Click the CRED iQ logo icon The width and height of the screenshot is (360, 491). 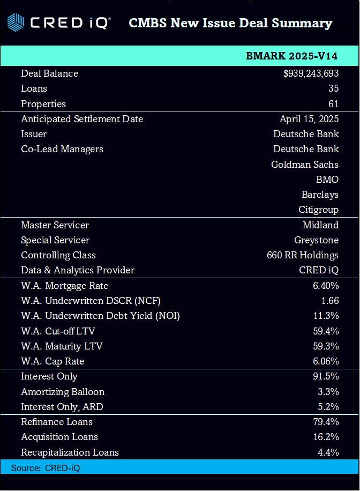[15, 23]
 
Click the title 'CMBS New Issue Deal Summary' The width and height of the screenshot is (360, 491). [230, 23]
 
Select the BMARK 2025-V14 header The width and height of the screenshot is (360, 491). [291, 56]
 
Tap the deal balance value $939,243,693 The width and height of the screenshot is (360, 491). [311, 73]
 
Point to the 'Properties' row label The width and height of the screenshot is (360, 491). [43, 104]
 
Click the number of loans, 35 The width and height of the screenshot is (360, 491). [333, 88]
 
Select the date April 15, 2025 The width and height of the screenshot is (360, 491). [309, 119]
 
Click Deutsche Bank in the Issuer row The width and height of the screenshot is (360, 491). [306, 134]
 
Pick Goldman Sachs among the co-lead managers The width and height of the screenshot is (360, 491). [305, 165]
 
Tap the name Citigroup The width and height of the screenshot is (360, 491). [318, 210]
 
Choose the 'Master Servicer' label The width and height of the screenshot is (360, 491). [55, 225]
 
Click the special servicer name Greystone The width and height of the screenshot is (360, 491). [316, 240]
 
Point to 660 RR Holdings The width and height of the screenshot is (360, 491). [303, 255]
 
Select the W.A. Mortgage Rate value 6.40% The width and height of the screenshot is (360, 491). [326, 286]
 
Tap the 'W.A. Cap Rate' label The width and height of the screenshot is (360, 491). [52, 361]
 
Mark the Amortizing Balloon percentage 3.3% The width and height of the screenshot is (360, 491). [328, 392]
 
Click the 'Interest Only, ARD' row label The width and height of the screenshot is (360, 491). [62, 407]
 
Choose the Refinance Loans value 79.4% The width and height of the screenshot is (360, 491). [326, 422]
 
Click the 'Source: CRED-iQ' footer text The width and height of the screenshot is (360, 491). [46, 468]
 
